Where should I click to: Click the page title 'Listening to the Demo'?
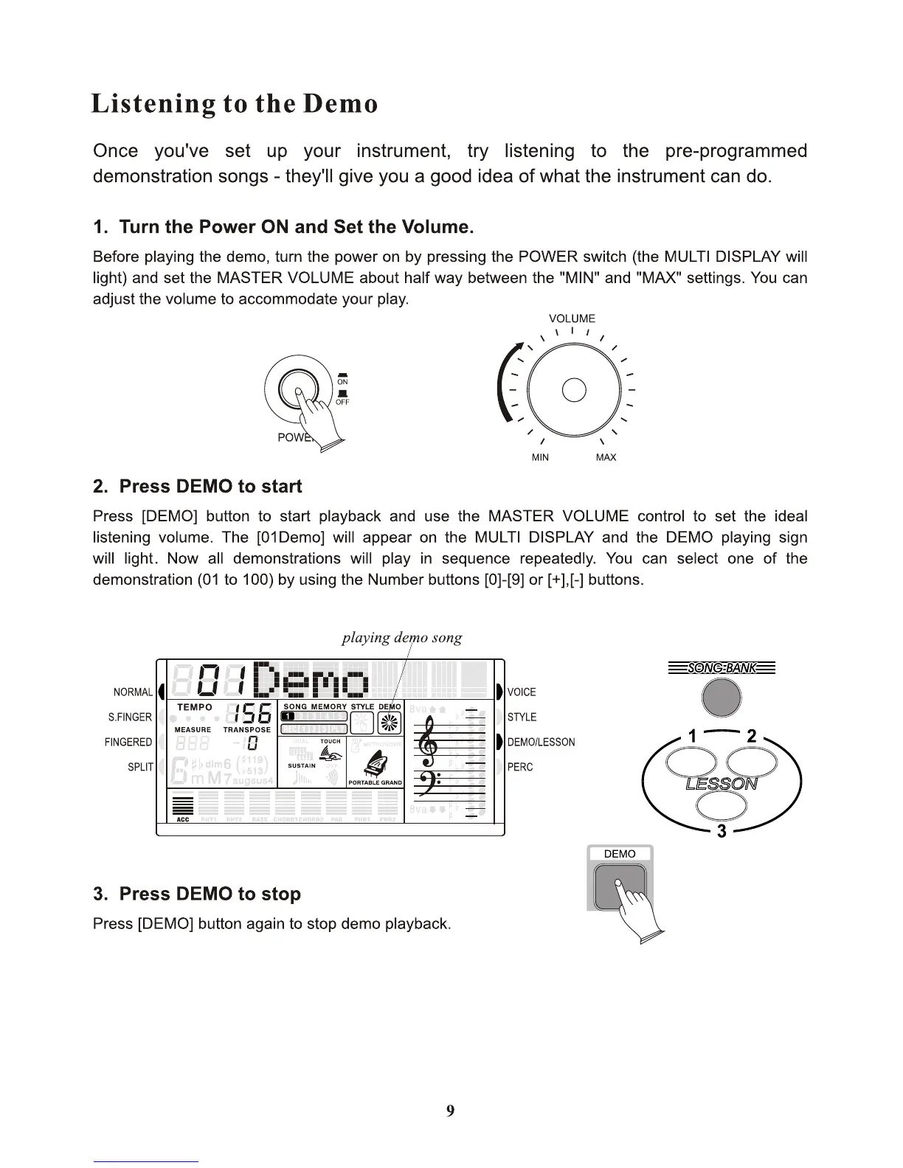pyautogui.click(x=234, y=104)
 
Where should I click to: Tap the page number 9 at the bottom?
pyautogui.click(x=450, y=1111)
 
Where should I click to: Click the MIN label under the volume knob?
pyautogui.click(x=540, y=458)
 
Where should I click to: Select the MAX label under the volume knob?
pyautogui.click(x=606, y=458)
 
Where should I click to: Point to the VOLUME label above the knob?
pyautogui.click(x=572, y=319)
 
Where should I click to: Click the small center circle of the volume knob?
pyautogui.click(x=574, y=389)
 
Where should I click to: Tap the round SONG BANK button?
pyautogui.click(x=722, y=697)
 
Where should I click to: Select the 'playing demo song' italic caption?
pyautogui.click(x=402, y=638)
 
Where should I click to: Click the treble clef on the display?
pyautogui.click(x=428, y=744)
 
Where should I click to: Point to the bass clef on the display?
pyautogui.click(x=427, y=783)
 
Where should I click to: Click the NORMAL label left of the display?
pyautogui.click(x=133, y=692)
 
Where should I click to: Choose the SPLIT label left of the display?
pyautogui.click(x=139, y=768)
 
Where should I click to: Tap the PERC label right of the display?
pyautogui.click(x=520, y=768)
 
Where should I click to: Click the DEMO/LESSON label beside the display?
pyautogui.click(x=541, y=743)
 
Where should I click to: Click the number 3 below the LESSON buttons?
pyautogui.click(x=722, y=831)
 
